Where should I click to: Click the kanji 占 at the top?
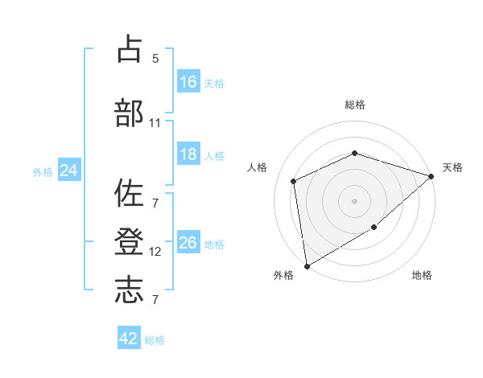(x=130, y=48)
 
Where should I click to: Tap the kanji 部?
(x=129, y=113)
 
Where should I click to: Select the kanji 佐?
(x=129, y=193)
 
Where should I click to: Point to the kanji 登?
(x=129, y=241)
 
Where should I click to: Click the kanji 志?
(x=129, y=290)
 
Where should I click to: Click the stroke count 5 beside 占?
(x=155, y=59)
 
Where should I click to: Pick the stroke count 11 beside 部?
(x=155, y=123)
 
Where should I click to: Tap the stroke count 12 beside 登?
(x=155, y=252)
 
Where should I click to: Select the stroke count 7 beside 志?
(x=155, y=299)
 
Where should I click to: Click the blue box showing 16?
(x=188, y=81)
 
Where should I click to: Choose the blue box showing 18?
(x=188, y=154)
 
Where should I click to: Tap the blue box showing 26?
(x=188, y=241)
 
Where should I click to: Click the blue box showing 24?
(x=69, y=170)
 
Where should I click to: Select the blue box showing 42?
(x=129, y=337)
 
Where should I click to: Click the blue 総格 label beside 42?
(x=155, y=340)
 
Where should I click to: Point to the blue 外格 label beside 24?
(x=43, y=172)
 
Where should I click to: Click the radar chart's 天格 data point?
(x=431, y=176)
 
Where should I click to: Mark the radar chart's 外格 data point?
(x=307, y=266)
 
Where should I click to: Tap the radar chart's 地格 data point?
(x=374, y=227)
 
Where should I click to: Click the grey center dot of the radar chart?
(x=354, y=201)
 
